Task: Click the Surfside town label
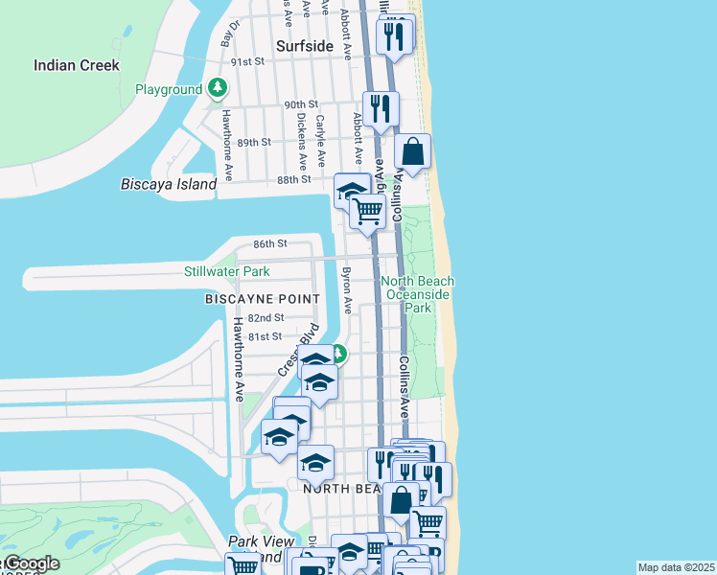click(x=305, y=46)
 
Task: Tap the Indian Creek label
click(x=77, y=65)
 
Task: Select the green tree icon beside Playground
click(x=219, y=89)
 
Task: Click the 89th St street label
click(x=255, y=142)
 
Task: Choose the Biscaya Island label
click(x=169, y=184)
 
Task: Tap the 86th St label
click(x=270, y=244)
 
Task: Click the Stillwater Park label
click(x=227, y=272)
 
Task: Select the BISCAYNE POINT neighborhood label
click(x=262, y=300)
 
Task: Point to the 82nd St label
click(x=266, y=318)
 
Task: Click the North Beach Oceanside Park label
click(x=418, y=294)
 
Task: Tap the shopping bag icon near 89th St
click(x=412, y=152)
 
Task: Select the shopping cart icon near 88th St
click(x=367, y=212)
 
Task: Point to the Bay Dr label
click(x=229, y=34)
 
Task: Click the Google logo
click(x=31, y=564)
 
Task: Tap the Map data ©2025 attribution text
click(x=676, y=567)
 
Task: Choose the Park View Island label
click(x=262, y=548)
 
